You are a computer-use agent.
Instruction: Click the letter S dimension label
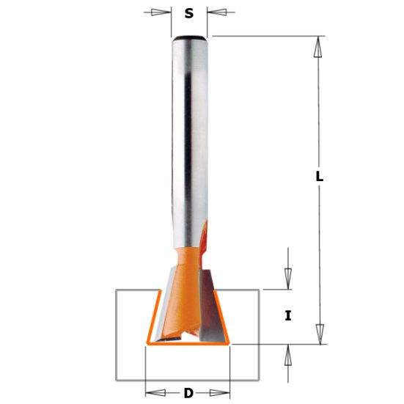[x=189, y=13]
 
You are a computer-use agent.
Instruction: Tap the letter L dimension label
[x=319, y=177]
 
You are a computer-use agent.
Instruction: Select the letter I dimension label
[x=288, y=316]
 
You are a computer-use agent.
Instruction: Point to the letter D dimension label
[x=188, y=394]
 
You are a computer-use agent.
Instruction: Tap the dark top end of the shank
[x=189, y=37]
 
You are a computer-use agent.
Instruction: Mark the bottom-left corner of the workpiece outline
[x=117, y=380]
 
